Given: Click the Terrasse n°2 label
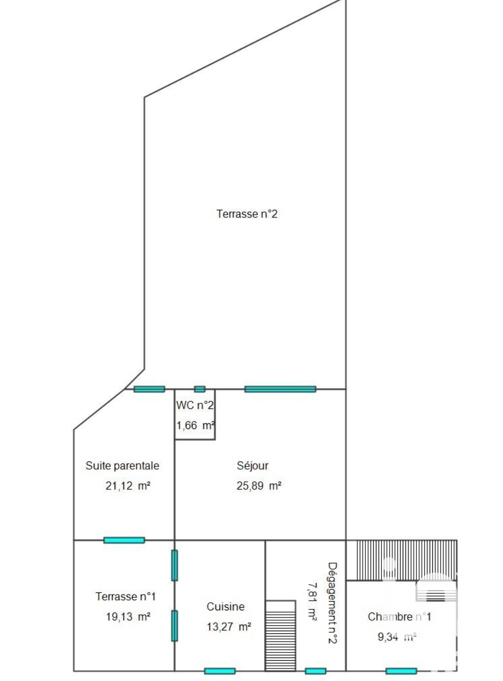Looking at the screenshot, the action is coord(247,213).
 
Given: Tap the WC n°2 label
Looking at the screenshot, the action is coord(195,405).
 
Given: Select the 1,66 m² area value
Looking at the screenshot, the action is coord(195,425).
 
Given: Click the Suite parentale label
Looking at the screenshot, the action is coord(122,466).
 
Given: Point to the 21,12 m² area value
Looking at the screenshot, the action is coord(128,486).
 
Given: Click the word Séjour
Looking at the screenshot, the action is coord(253,466).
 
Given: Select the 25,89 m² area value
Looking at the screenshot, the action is coord(259,486).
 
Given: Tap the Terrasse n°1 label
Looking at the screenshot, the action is coord(126,597).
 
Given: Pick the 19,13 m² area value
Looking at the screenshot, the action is coord(128,616).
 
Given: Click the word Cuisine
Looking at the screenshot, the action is coord(225,607).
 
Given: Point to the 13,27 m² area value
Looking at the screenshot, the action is coord(228,627).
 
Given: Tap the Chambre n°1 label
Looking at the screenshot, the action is coord(399,616).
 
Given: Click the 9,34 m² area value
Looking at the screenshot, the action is coord(397,637).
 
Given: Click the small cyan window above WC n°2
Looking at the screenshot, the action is coord(199,389).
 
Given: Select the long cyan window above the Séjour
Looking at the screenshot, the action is coord(280,389).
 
